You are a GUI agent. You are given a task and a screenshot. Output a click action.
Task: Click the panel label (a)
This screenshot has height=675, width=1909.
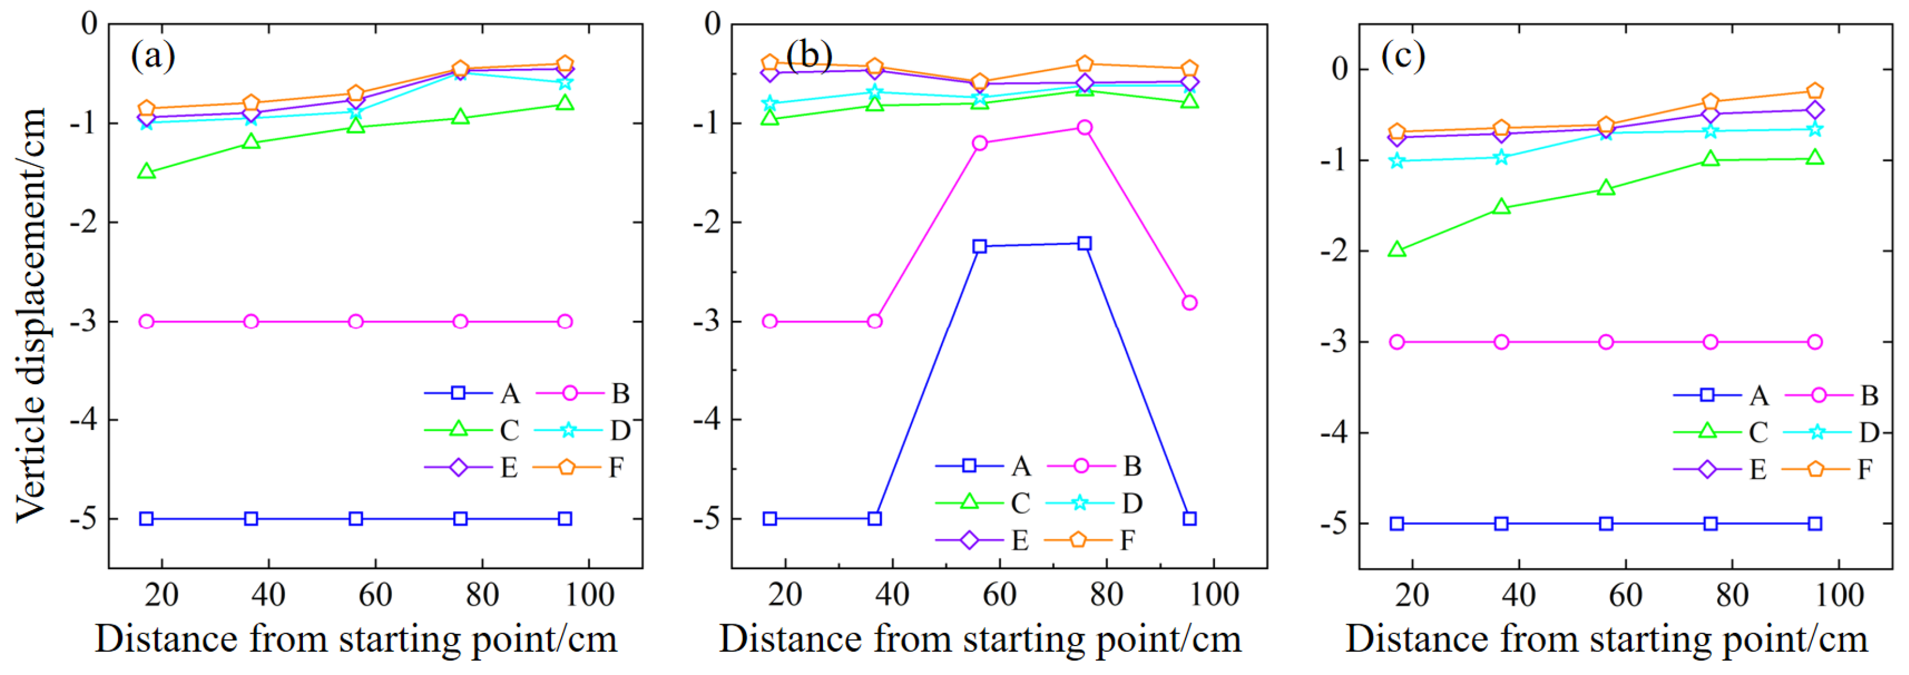(x=153, y=55)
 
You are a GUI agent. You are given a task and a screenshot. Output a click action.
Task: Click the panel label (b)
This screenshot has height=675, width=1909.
(x=809, y=55)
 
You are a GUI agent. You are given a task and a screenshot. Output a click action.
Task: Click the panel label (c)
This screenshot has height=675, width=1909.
(x=1403, y=55)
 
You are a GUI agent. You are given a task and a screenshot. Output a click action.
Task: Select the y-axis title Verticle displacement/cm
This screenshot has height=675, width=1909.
(x=31, y=315)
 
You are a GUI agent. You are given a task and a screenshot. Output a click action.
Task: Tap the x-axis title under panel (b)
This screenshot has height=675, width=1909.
(x=980, y=639)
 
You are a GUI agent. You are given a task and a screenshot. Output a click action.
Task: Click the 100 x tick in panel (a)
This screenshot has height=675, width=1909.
(x=588, y=594)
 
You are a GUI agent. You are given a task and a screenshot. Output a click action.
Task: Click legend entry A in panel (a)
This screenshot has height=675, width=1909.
(x=475, y=394)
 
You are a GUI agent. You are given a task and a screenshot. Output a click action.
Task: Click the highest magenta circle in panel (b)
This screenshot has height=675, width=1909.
(x=1084, y=128)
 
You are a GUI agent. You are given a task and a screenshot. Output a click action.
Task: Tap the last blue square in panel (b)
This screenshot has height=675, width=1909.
(x=1189, y=518)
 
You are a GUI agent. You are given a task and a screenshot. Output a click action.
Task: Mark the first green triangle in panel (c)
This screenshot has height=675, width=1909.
(x=1397, y=250)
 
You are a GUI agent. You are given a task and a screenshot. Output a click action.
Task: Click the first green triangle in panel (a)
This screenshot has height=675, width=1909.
(x=147, y=172)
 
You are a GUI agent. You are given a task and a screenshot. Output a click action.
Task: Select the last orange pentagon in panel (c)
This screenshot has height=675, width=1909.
(x=1815, y=91)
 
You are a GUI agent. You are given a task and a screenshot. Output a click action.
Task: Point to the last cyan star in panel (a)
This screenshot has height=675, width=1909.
(x=565, y=82)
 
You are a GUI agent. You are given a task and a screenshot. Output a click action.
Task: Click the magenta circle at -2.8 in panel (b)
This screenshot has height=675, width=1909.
(x=1189, y=302)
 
